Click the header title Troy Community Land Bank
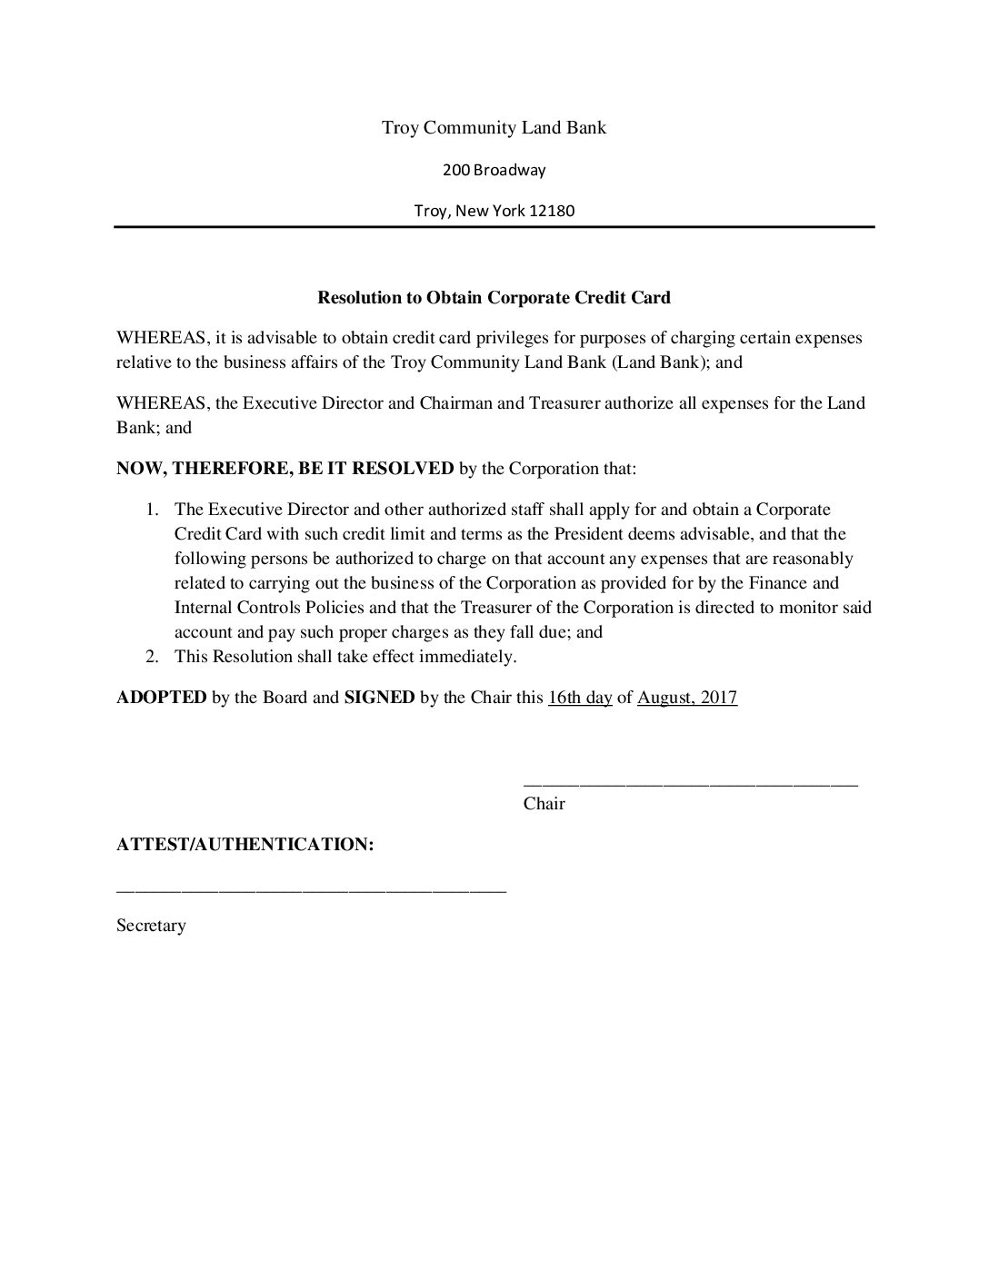pyautogui.click(x=494, y=128)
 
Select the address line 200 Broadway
pyautogui.click(x=494, y=170)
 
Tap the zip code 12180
pyautogui.click(x=553, y=212)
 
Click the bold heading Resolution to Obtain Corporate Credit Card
pyautogui.click(x=494, y=297)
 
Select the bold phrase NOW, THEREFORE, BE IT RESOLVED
pyautogui.click(x=285, y=469)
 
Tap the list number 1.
pyautogui.click(x=154, y=510)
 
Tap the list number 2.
pyautogui.click(x=154, y=657)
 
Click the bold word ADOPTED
pyautogui.click(x=161, y=698)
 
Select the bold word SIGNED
pyautogui.click(x=379, y=698)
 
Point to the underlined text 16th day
pyautogui.click(x=580, y=698)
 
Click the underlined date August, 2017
pyautogui.click(x=687, y=698)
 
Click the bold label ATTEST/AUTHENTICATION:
pyautogui.click(x=245, y=845)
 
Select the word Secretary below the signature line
pyautogui.click(x=151, y=926)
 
